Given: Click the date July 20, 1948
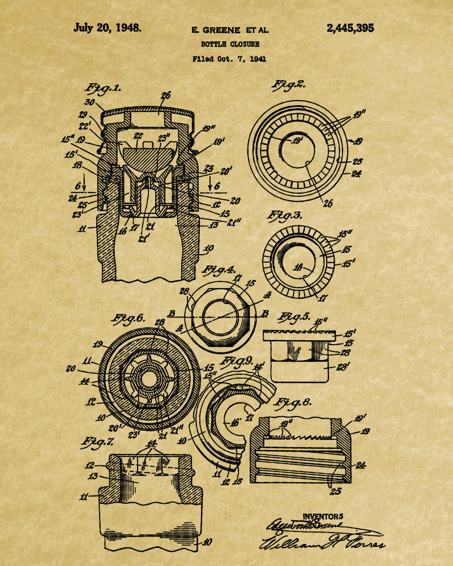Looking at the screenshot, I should point(108,28).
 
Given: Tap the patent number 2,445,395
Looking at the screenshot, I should point(350,28).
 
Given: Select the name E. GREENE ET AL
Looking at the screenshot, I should point(229,30).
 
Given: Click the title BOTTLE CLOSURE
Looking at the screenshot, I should point(229,44).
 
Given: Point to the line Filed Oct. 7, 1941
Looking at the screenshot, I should point(229,58).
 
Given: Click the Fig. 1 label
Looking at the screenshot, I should point(103,88).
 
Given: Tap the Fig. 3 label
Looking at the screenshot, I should point(286,216).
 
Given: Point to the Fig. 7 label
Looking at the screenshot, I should point(97,441).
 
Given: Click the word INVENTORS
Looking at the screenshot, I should point(323,516).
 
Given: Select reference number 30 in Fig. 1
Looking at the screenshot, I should point(89,102).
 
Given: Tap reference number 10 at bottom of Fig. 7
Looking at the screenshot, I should point(207,542).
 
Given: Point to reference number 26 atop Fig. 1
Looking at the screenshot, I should point(165,96).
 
